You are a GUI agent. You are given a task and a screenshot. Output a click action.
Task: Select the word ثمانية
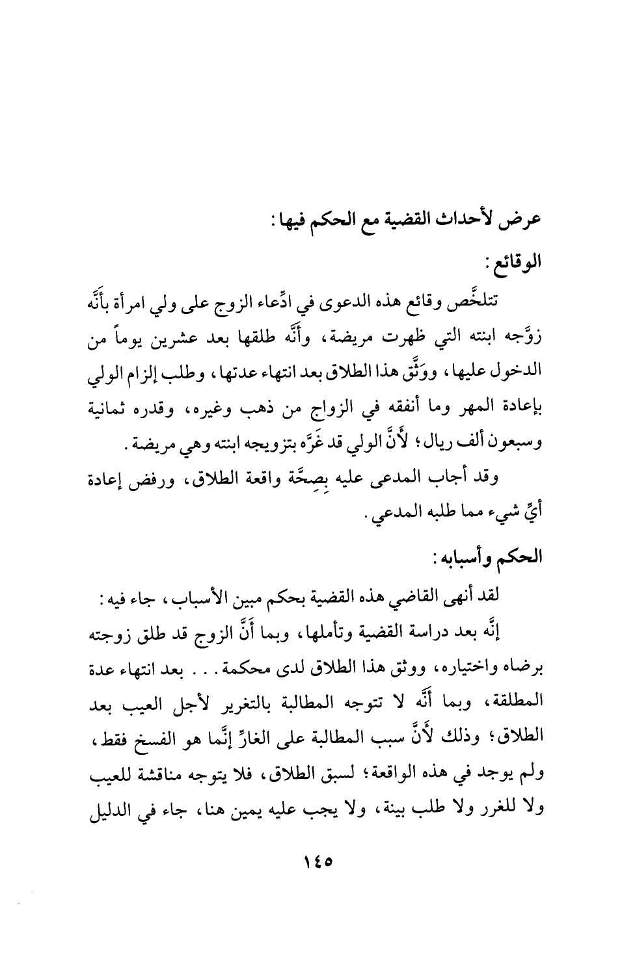[106, 410]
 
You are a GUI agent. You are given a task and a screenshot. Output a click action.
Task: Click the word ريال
[424, 446]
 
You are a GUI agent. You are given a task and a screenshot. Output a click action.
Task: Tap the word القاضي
[427, 598]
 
